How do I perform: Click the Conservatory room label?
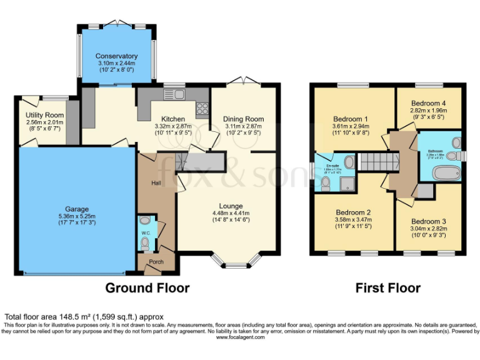117,56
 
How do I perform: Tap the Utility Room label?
45,116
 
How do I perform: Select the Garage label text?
77,209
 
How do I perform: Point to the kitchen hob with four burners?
202,110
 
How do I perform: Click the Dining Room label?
244,119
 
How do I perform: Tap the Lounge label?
231,206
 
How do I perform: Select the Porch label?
156,262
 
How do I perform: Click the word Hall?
156,183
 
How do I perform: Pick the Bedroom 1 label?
351,119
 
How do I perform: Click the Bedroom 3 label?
429,222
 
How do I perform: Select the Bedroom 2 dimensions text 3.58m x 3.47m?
354,220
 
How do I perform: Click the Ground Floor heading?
147,288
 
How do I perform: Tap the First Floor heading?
387,288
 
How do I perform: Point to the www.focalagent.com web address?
241,337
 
